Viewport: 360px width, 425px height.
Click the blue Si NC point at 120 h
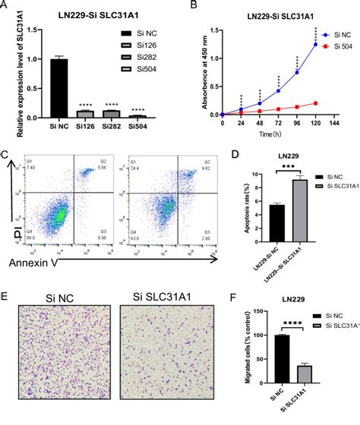(x=315, y=44)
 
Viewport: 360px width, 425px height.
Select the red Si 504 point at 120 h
(x=315, y=102)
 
